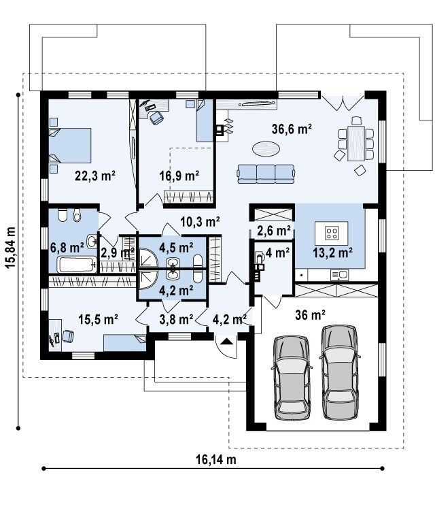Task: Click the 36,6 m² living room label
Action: tap(292, 129)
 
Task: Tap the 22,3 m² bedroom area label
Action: tap(95, 176)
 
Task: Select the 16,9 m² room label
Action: tap(179, 176)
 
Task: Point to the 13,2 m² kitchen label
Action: tap(332, 252)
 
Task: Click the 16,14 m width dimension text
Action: tap(216, 459)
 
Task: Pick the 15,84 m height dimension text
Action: tap(10, 248)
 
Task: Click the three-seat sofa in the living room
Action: tap(266, 174)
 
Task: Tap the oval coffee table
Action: tap(266, 150)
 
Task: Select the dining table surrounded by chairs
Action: tap(356, 143)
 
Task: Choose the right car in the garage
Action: tap(339, 372)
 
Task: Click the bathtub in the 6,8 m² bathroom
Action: tap(77, 265)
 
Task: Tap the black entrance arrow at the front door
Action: tap(227, 341)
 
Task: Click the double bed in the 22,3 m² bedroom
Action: tap(70, 146)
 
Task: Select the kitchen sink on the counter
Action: tap(339, 275)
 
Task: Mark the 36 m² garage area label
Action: tap(310, 315)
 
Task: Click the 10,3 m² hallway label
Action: tap(201, 222)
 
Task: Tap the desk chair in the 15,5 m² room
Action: tap(68, 336)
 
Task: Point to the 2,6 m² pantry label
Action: tap(274, 231)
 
